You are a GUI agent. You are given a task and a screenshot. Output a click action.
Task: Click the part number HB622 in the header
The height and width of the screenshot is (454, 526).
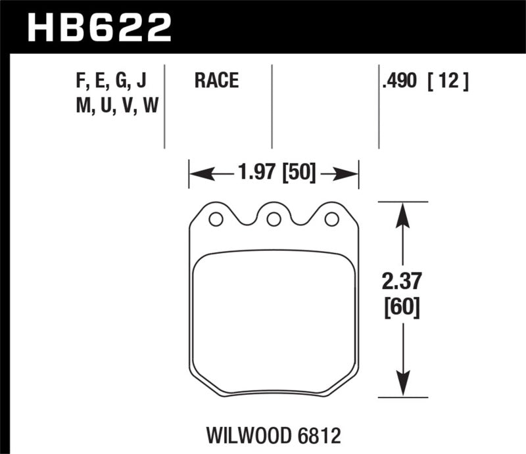point(99,28)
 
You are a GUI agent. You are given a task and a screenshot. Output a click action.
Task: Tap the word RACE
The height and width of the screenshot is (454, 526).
point(216,81)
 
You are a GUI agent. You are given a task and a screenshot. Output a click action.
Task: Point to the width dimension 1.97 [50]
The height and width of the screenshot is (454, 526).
point(274,174)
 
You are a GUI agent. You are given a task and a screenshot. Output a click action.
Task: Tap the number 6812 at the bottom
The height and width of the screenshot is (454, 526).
point(318,434)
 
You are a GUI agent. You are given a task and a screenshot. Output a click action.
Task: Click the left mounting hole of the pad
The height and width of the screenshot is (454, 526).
point(215,219)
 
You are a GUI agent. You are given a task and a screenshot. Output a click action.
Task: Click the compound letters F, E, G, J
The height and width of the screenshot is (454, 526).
point(111,81)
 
